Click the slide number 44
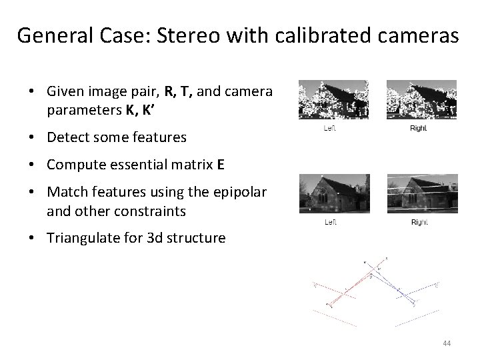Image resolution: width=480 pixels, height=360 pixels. point(446,343)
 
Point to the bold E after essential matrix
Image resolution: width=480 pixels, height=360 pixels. point(220,165)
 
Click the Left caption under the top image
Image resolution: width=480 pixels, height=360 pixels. point(329,128)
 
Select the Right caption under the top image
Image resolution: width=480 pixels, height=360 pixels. point(418,128)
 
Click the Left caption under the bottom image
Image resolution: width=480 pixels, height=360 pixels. point(329,222)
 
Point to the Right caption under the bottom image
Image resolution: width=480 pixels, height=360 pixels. point(419,222)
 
